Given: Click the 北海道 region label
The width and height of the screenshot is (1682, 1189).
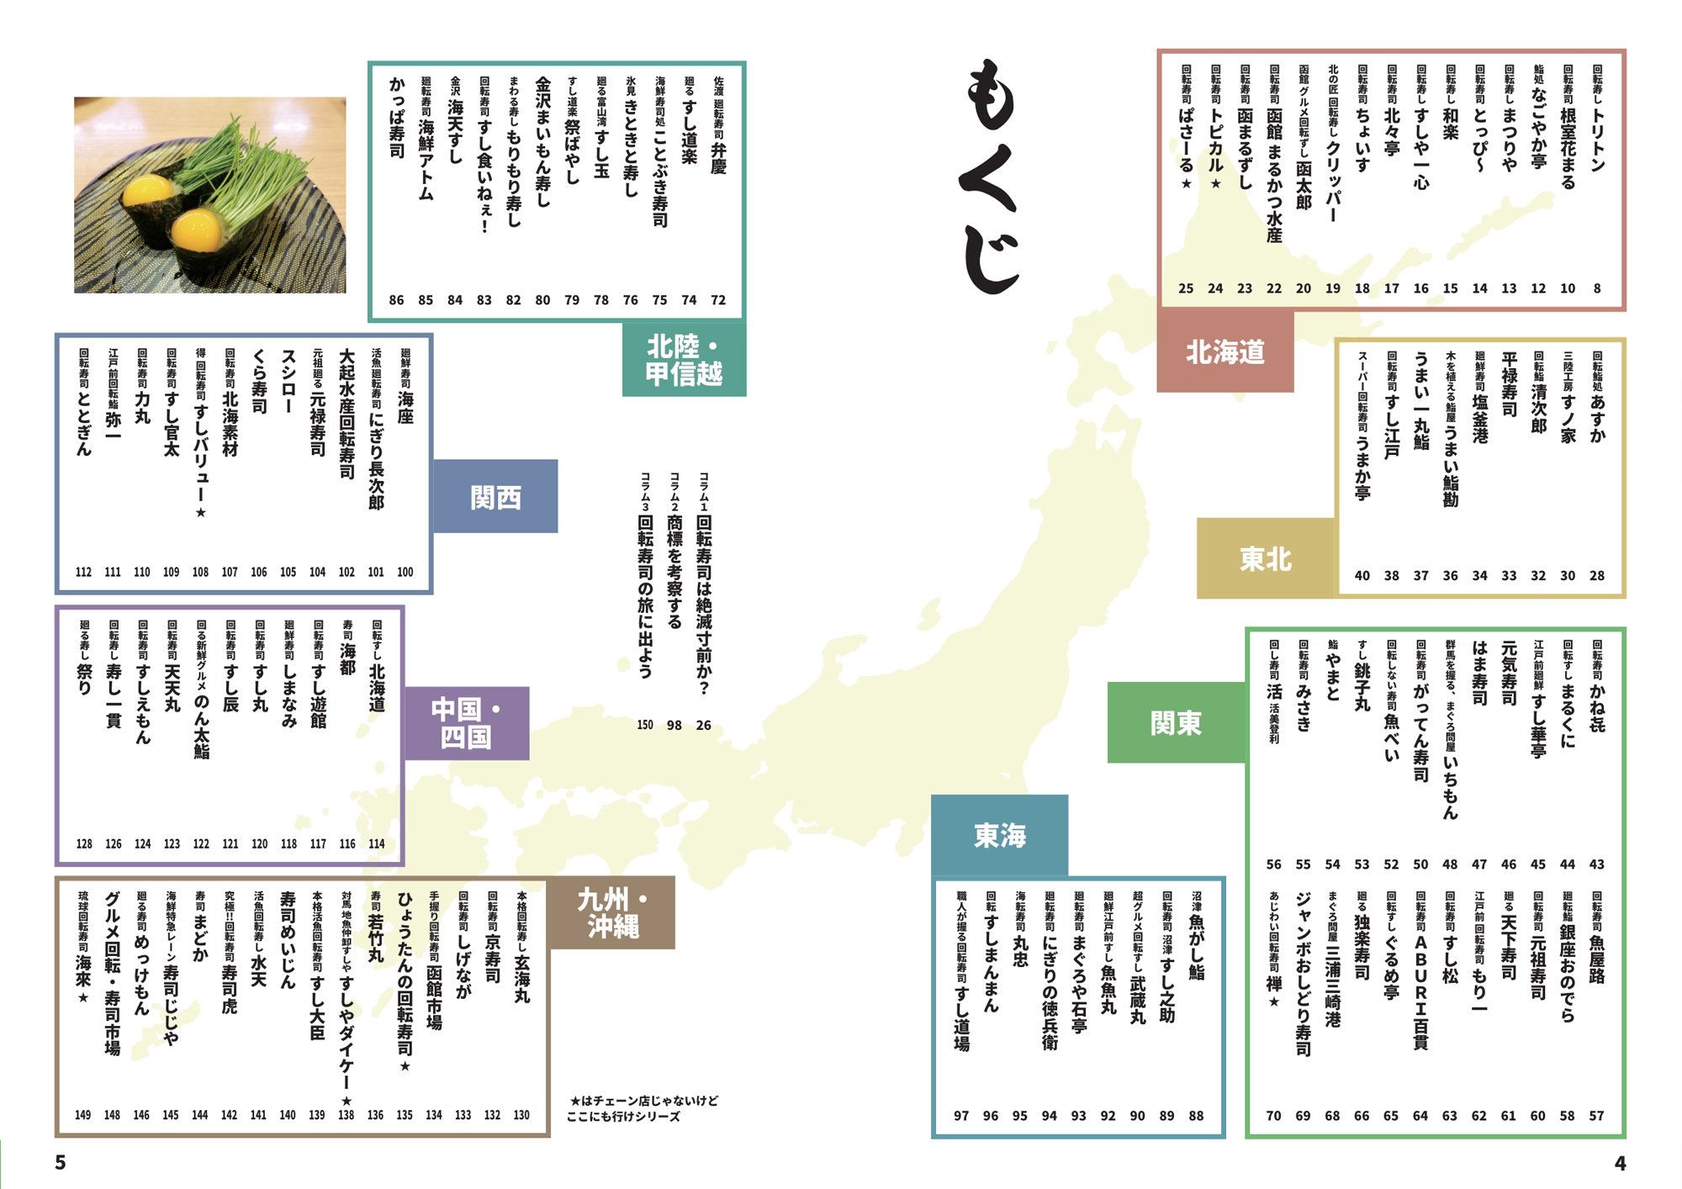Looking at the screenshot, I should point(1224,351).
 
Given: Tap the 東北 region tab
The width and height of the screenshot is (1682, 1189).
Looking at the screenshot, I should point(1265,558).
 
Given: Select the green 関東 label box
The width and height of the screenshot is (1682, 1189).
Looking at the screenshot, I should point(1176,722).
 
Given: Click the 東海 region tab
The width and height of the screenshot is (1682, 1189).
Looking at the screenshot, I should point(999,835).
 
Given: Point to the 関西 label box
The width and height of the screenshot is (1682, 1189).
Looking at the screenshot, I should point(495,497).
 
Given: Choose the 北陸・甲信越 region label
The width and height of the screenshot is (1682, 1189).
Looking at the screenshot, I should point(684,360).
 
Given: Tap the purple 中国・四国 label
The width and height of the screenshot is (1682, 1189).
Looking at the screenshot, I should point(466,723).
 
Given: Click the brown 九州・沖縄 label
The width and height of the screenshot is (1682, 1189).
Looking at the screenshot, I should point(612,913).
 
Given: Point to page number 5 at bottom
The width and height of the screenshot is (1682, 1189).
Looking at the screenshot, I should point(61,1162).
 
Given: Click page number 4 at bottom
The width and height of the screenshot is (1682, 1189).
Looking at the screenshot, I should point(1620,1163).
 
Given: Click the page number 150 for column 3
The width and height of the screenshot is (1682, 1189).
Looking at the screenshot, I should point(645,725).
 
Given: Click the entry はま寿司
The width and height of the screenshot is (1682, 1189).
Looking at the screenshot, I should point(1479,673).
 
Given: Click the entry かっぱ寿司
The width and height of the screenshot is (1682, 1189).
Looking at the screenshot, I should point(396,118).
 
